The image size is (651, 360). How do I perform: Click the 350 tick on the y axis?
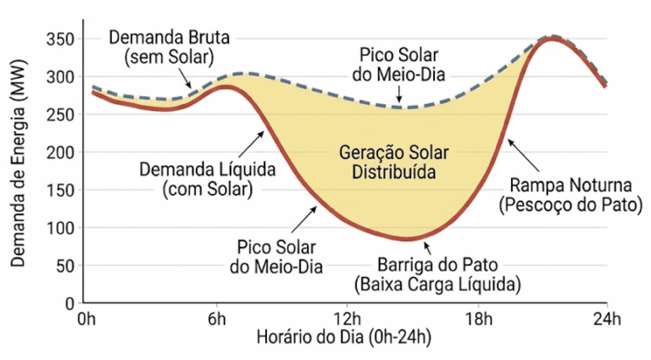[60, 40]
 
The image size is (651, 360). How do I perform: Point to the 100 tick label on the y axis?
[60, 228]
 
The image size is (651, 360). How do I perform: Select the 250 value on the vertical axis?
[60, 115]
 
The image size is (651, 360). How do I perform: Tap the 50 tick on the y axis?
[64, 265]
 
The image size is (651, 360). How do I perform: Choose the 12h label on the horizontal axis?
[348, 319]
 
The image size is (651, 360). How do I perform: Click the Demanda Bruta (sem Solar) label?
[169, 47]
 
